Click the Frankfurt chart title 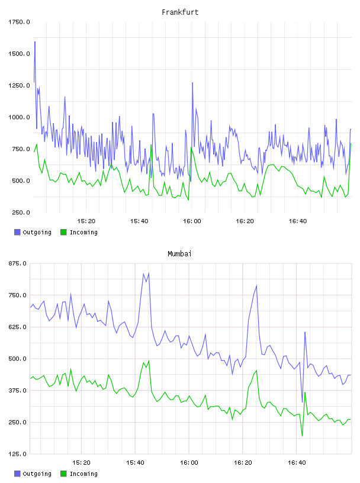[180, 12]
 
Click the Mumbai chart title [179, 254]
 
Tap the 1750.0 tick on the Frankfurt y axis [19, 22]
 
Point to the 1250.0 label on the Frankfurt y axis [19, 85]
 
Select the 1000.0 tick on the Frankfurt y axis [19, 117]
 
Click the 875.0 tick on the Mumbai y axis [18, 263]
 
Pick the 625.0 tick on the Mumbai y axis [18, 327]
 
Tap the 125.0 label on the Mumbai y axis [18, 454]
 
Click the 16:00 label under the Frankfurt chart [192, 221]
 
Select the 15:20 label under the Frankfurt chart [86, 221]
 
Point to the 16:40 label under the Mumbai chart [297, 463]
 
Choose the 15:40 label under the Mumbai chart [135, 463]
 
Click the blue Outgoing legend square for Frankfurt [17, 232]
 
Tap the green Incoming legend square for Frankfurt [63, 232]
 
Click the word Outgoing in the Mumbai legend [37, 474]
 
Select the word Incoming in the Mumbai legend [83, 474]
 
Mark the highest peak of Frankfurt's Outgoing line [35, 41]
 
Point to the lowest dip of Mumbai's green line [302, 436]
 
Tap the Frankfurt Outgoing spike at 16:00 [192, 82]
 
